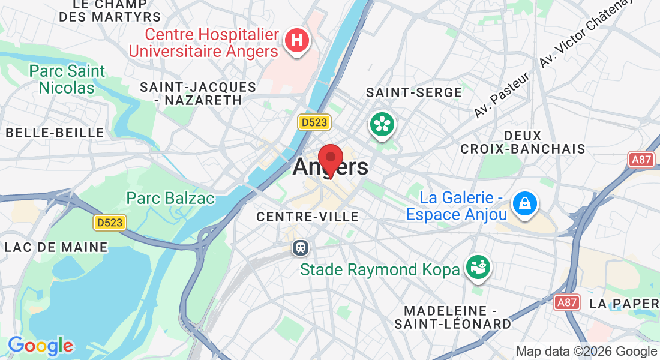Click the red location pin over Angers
330,159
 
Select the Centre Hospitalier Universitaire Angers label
204,43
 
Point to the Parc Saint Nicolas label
67,79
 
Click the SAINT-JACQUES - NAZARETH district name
198,94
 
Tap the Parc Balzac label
170,198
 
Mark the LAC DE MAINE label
56,247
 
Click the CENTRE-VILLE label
307,217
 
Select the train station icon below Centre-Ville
299,247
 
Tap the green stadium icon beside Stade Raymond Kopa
479,268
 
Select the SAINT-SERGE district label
414,92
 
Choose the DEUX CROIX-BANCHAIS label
522,142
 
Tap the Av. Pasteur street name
501,95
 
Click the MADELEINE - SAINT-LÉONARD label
453,317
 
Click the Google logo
40,346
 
